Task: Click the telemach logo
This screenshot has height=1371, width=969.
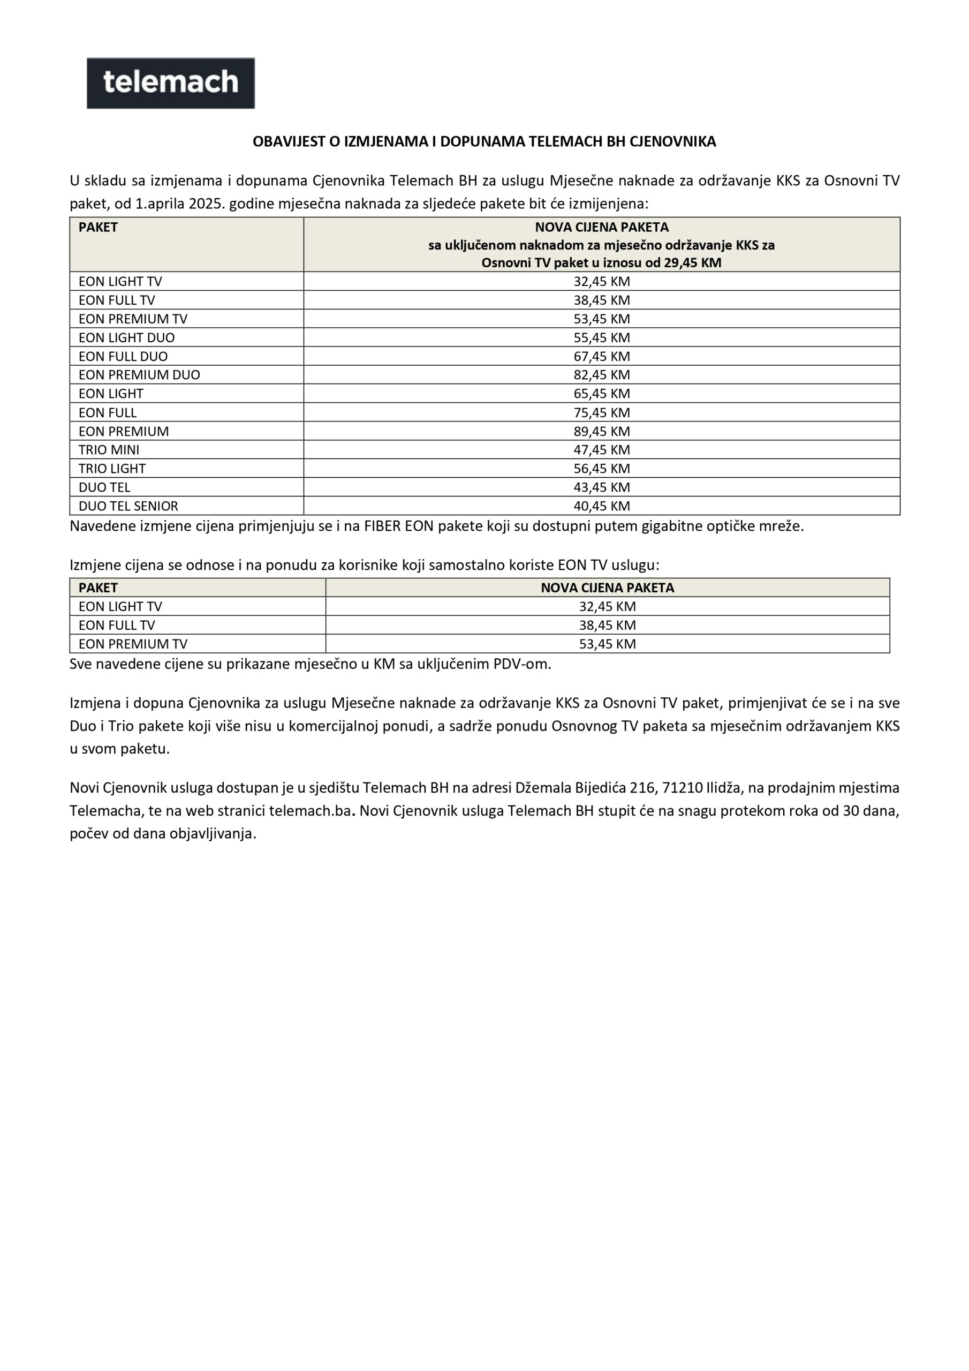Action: pos(171,83)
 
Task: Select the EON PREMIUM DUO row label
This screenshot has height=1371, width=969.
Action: pos(139,375)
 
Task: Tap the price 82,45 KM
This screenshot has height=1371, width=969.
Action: pos(601,375)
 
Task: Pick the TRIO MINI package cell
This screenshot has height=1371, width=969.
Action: pos(109,450)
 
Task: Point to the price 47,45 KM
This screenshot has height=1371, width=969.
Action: pos(601,450)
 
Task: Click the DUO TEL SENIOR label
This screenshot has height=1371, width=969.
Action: pos(128,506)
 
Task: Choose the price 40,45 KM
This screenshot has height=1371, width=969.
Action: pos(601,506)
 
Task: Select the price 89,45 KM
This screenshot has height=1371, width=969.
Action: pos(601,431)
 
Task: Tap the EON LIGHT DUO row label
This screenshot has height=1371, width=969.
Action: pos(126,337)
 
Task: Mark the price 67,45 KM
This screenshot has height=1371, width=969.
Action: pos(601,357)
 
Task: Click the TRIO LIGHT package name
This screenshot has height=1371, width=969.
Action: pos(112,468)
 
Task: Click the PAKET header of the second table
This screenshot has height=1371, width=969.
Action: pos(98,587)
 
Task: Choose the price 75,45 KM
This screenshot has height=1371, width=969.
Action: pos(601,412)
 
